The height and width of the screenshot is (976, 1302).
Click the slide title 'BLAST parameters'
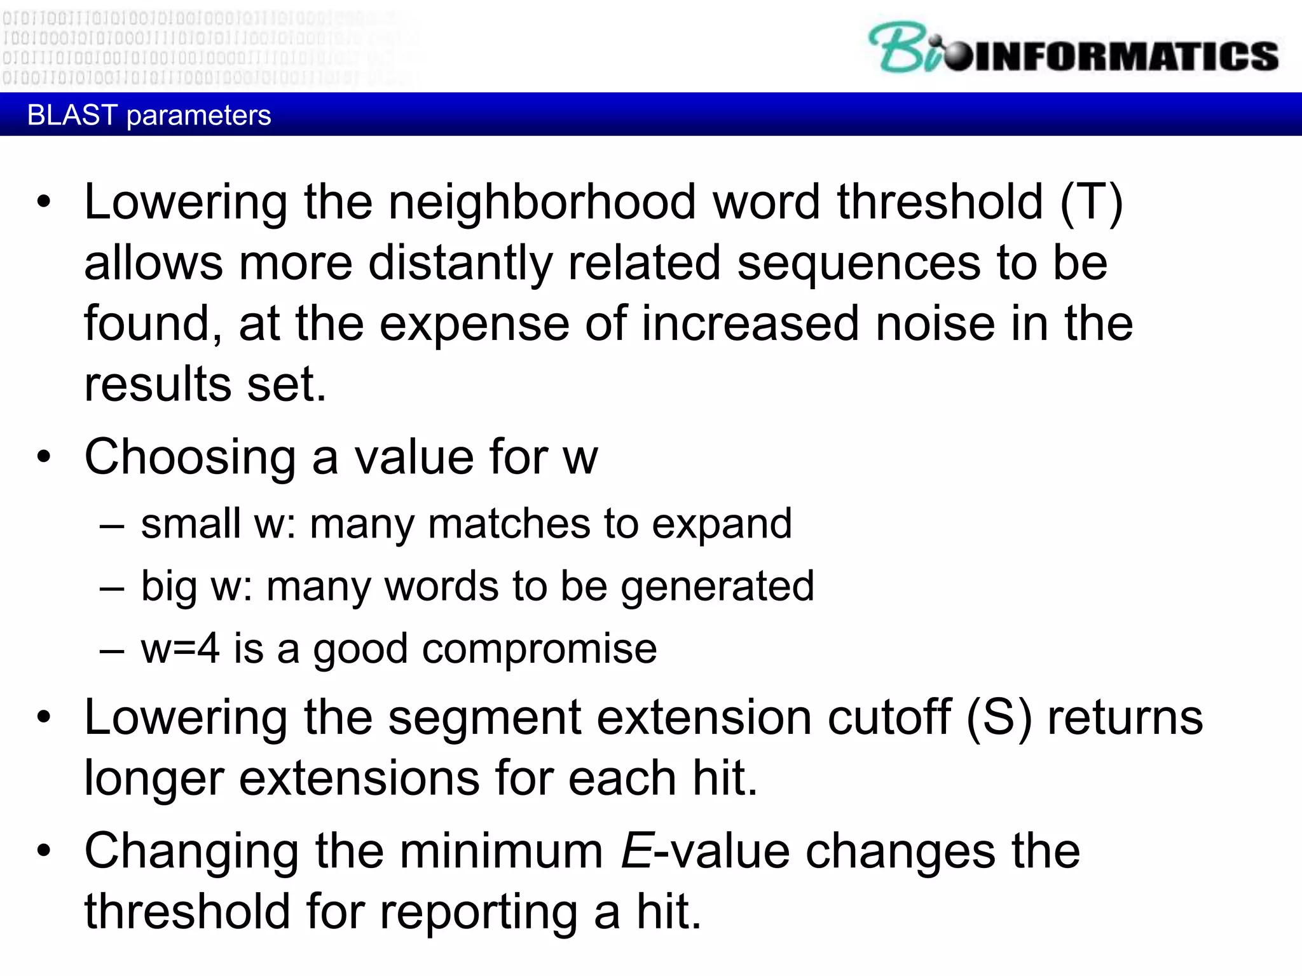click(149, 116)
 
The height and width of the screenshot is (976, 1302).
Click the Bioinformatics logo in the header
click(1073, 48)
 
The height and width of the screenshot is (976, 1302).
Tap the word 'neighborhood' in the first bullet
click(542, 203)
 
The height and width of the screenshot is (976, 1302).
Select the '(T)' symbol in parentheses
click(1092, 203)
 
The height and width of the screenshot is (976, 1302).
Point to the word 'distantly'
click(460, 263)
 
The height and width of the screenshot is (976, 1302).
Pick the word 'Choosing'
click(190, 457)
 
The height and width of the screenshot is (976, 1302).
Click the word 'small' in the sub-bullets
click(191, 524)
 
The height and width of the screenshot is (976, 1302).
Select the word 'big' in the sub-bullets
click(168, 586)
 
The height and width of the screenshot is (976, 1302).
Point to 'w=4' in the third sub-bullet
click(181, 649)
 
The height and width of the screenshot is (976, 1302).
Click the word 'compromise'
click(539, 649)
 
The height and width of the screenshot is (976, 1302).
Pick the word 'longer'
click(154, 779)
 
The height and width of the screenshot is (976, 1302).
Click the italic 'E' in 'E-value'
click(636, 851)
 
